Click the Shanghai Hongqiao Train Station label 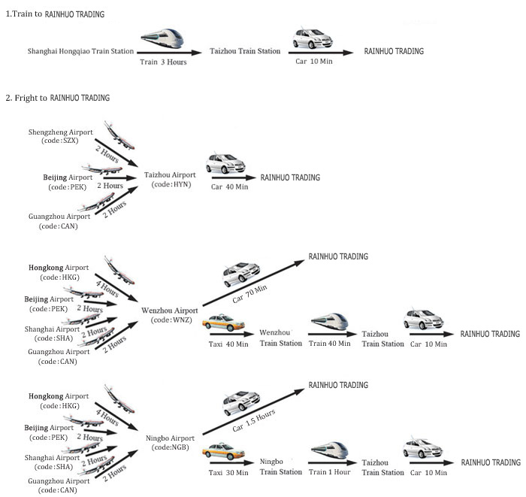tap(80, 51)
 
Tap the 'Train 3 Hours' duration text tap(163, 62)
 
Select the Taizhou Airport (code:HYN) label tap(170, 180)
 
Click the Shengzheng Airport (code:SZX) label tap(60, 136)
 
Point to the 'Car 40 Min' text tap(229, 187)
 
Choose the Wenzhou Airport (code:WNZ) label tap(170, 315)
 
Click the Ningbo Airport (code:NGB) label tap(170, 443)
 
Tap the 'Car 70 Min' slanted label tap(249, 294)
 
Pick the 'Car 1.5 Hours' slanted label tap(254, 420)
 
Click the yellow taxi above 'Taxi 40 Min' tap(223, 323)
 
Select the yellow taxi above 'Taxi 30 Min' tap(223, 451)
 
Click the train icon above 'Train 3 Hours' tap(162, 38)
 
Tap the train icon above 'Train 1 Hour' tap(329, 450)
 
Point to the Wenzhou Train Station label tap(281, 338)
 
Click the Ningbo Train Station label tap(281, 467)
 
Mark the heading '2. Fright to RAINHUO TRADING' tap(58, 98)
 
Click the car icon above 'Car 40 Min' tap(225, 163)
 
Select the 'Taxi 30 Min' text tap(228, 472)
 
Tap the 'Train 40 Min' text tap(329, 344)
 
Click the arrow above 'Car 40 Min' tap(234, 178)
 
